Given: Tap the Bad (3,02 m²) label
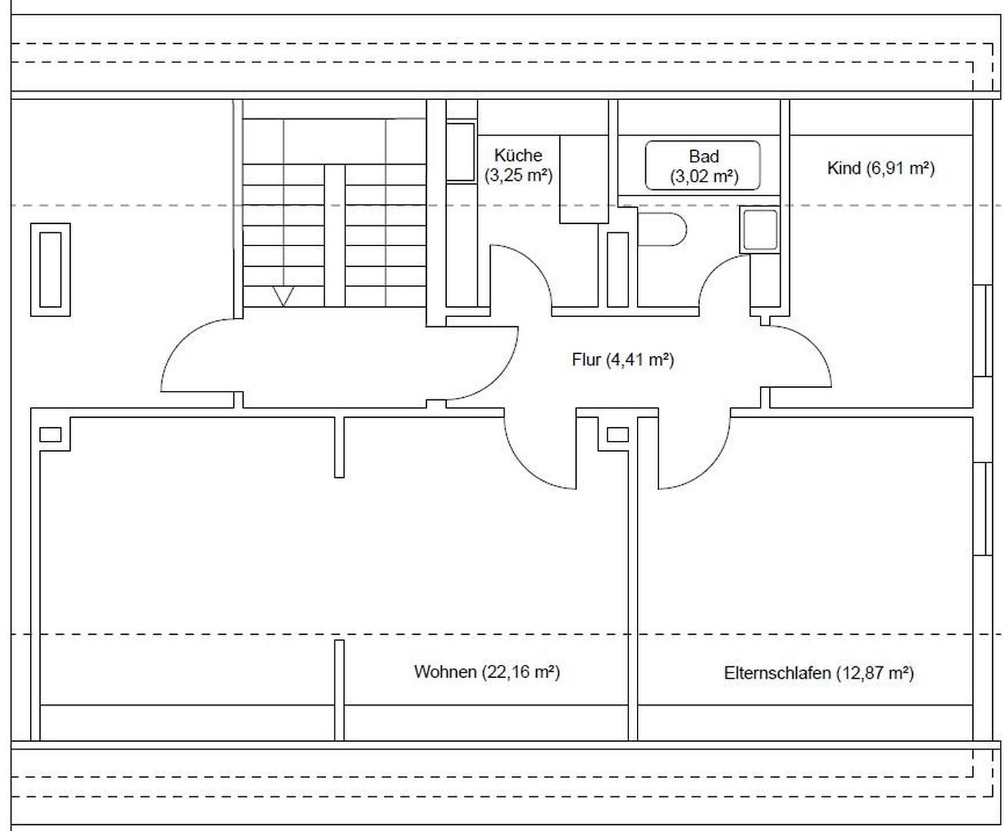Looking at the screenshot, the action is (x=704, y=166).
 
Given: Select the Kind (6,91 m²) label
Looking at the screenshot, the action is (x=881, y=169).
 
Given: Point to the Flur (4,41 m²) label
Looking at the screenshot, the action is (x=623, y=359).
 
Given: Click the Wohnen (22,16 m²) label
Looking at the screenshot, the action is (x=487, y=672).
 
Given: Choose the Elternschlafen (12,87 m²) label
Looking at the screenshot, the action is (x=818, y=673).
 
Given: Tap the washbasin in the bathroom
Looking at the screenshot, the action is (x=760, y=229).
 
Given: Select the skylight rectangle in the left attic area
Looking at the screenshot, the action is (x=51, y=269).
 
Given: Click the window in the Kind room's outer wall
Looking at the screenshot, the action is (x=983, y=331).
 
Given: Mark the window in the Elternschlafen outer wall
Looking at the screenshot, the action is (x=983, y=509).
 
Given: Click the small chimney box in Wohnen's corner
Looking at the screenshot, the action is (x=51, y=434).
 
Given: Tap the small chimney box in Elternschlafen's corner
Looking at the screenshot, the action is (x=618, y=434).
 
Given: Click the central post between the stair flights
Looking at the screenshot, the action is (x=335, y=235).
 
